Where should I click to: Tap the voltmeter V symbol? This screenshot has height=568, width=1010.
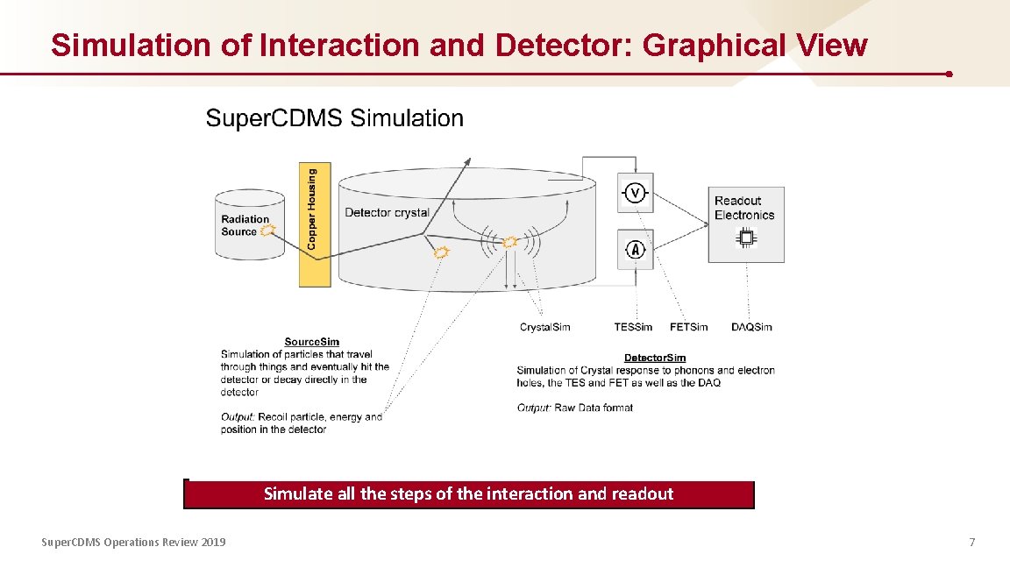point(636,193)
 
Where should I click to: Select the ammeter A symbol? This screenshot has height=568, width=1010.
point(636,250)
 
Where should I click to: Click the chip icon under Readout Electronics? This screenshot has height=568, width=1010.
point(747,238)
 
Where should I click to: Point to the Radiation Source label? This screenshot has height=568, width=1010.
point(245,225)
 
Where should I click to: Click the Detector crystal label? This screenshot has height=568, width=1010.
point(387,212)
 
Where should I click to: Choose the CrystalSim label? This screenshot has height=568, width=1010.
point(544,327)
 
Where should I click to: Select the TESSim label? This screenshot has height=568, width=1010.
point(633,327)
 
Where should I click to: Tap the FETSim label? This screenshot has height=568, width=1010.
point(688,327)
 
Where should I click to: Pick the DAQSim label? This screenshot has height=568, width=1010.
point(751,327)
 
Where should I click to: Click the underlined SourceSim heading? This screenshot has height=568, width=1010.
point(311,342)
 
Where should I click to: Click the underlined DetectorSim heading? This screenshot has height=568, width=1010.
point(654,358)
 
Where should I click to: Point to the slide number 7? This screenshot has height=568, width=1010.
point(971,543)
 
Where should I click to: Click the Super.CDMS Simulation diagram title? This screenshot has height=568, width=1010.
point(334,118)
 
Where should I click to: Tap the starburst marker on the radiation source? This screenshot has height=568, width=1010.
point(268,231)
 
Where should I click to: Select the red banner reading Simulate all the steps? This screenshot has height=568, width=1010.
point(468,494)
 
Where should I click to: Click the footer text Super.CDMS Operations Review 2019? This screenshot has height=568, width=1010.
point(133,543)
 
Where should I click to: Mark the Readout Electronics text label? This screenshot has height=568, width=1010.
point(744,208)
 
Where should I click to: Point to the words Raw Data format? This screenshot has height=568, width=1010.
point(594,408)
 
